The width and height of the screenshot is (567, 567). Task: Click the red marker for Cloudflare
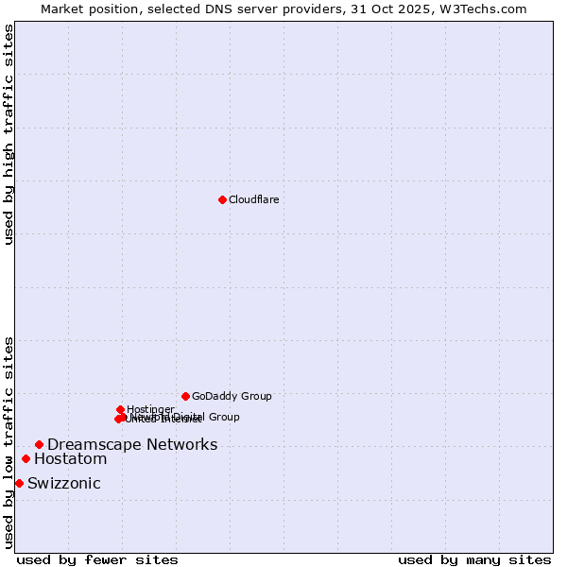pos(222,199)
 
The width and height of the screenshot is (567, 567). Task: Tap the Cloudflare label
pos(253,199)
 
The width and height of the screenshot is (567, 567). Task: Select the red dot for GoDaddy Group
pos(185,396)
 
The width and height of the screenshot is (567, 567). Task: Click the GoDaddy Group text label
pos(232,396)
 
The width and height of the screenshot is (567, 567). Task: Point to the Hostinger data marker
pos(120,409)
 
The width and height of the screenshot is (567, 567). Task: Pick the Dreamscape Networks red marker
pos(39,444)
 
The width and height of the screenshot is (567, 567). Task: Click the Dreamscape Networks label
pos(132,444)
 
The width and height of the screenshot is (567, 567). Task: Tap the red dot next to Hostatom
pos(26,459)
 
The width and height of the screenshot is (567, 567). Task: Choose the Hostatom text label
pos(71,459)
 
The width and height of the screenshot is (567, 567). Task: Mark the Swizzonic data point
pos(19,484)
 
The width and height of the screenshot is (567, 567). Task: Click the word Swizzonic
pos(64,484)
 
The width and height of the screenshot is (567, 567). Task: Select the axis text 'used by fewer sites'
pos(97,559)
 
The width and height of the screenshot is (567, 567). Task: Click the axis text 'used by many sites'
pos(474,559)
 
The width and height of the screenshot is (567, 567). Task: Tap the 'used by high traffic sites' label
pos(9,134)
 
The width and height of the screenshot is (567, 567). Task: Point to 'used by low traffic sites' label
pos(9,442)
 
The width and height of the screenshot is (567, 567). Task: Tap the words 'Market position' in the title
pos(84,9)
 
